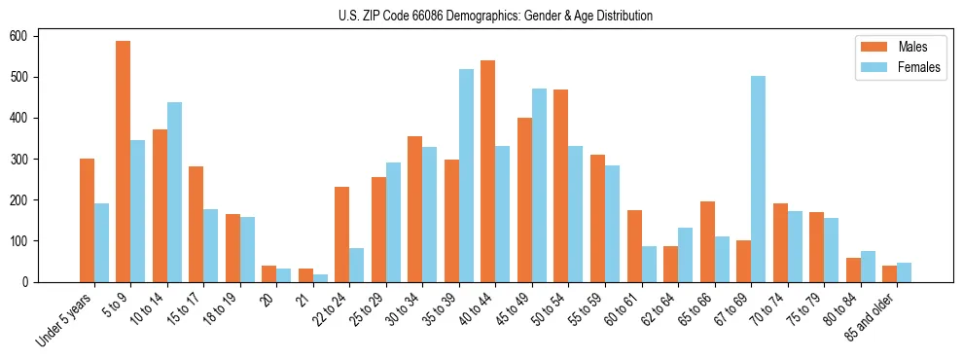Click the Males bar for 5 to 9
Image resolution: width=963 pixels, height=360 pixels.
tap(124, 162)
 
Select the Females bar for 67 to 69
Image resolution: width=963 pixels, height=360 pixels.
tap(758, 179)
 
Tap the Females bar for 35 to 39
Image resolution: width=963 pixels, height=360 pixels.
tap(466, 175)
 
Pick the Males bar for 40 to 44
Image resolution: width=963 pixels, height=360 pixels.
tap(488, 171)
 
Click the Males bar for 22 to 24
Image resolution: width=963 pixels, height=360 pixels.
tap(342, 234)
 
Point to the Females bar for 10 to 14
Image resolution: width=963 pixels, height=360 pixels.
tap(174, 192)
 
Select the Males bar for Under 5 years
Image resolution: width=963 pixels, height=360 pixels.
tap(87, 220)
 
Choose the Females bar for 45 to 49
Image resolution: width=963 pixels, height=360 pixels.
tap(539, 185)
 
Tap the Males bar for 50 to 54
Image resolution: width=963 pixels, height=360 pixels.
tap(561, 186)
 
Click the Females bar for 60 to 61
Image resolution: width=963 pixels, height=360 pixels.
tap(649, 264)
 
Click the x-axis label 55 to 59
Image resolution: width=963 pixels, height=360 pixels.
tap(582, 309)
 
